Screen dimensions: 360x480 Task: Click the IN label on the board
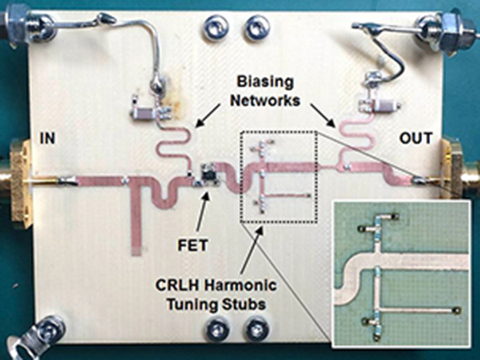(47, 138)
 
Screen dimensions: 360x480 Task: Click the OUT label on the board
(416, 138)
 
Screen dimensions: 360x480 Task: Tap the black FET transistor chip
(208, 171)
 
